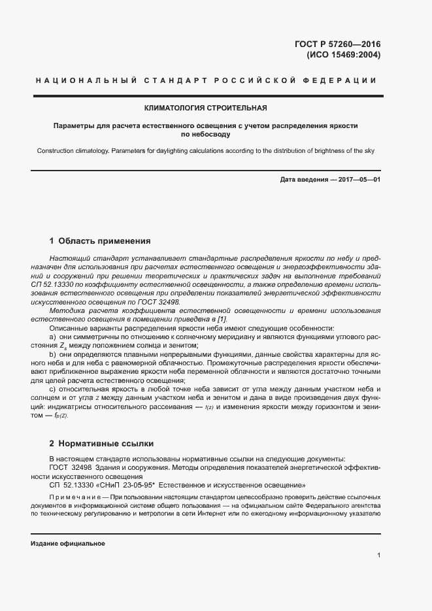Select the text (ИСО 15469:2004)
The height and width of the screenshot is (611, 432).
tap(343, 55)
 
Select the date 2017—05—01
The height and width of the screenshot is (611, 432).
tap(357, 179)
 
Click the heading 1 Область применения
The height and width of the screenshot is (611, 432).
tap(100, 240)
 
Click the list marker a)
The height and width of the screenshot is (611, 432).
tap(54, 336)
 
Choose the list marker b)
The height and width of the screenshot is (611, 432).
tap(54, 354)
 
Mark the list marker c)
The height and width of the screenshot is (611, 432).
tap(54, 389)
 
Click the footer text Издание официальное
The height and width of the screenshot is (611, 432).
tap(68, 544)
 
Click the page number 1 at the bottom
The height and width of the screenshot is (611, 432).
tap(378, 555)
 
